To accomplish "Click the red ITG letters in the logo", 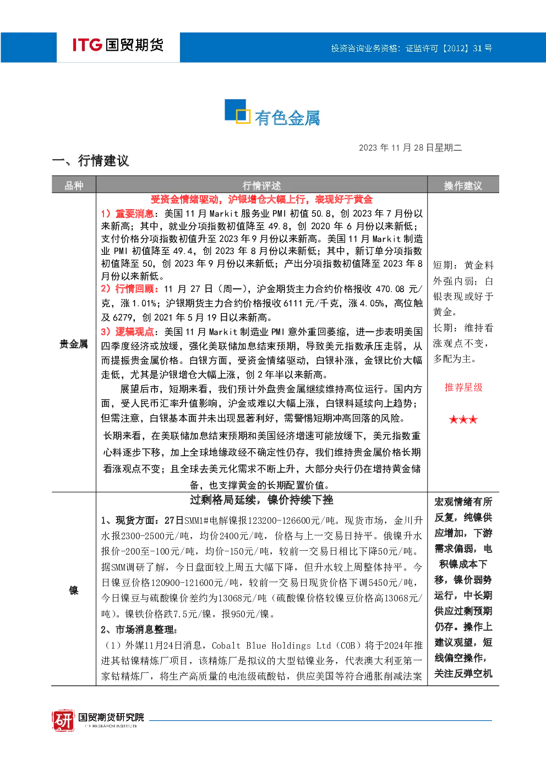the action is click(x=87, y=45).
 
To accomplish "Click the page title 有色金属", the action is click(x=287, y=118).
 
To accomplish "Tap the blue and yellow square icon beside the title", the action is click(x=237, y=111).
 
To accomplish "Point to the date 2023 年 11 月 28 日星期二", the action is click(x=410, y=148).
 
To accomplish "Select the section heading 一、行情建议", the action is click(x=90, y=161).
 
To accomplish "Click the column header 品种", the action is click(x=74, y=186).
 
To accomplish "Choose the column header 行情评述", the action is click(x=261, y=186).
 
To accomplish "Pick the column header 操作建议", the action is click(x=463, y=186).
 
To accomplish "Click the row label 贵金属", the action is click(x=74, y=344).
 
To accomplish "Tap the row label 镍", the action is click(x=74, y=591).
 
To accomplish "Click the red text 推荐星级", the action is click(x=463, y=387).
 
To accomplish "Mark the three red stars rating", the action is click(x=463, y=419).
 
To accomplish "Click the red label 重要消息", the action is click(x=134, y=213).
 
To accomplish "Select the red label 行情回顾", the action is click(x=134, y=289).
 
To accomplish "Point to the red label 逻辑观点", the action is click(x=134, y=332).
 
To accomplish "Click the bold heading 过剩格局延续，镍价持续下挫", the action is click(x=261, y=500).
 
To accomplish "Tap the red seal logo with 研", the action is click(x=63, y=720).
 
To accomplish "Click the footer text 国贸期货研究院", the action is click(x=111, y=717).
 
